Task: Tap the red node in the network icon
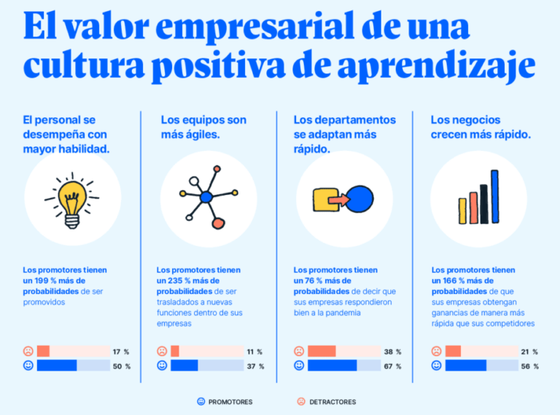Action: coord(217,222)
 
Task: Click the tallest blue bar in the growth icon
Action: coord(495,196)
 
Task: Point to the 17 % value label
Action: coord(121,352)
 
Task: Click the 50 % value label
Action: coord(121,366)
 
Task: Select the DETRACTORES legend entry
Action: coord(327,401)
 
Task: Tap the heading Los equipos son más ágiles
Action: coord(203,127)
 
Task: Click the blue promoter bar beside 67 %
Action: coord(332,366)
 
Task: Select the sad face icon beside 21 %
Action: coord(435,351)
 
